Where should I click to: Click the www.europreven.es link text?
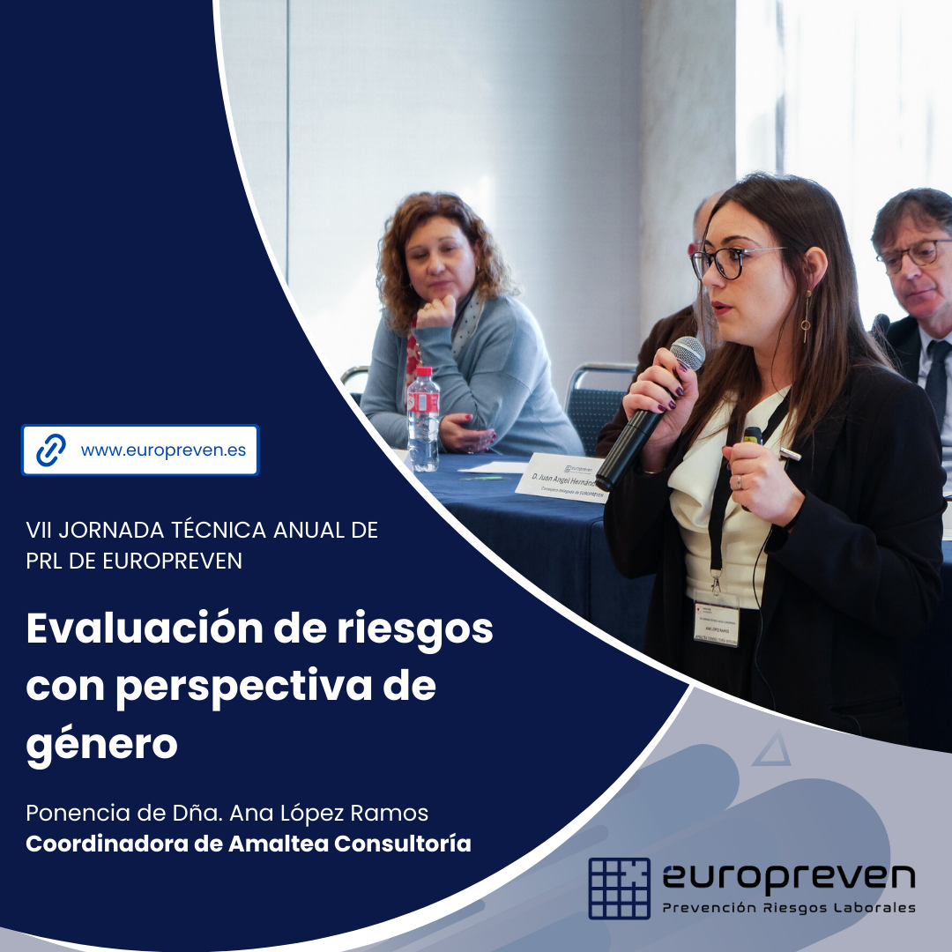tap(163, 450)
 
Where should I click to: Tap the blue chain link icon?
tap(51, 450)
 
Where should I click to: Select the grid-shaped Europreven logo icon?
tap(619, 888)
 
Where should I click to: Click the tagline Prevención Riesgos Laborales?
tap(789, 908)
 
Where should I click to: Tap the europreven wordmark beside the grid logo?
tap(788, 877)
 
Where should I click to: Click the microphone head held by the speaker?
tap(688, 353)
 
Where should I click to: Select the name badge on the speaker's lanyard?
tap(716, 622)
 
